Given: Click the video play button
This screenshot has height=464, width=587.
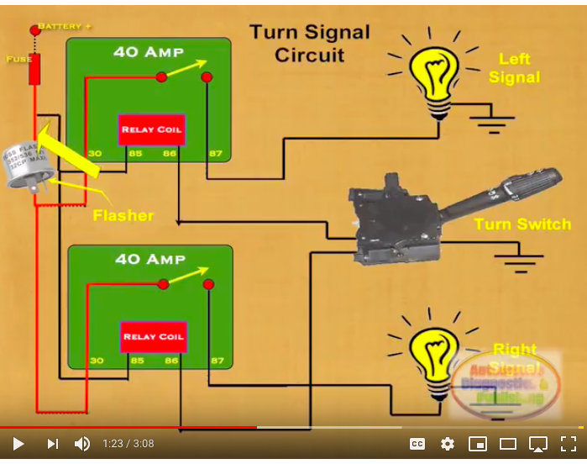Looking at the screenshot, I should [18, 444].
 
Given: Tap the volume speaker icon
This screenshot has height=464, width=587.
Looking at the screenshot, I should [82, 444].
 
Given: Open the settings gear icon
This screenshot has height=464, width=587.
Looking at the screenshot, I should [448, 444].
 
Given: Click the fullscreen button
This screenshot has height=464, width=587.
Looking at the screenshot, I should [569, 444].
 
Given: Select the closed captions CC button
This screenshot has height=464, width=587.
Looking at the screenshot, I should [417, 444].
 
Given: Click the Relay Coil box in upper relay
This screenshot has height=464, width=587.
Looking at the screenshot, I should [151, 129].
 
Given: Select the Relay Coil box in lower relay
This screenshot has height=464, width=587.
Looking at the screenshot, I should [153, 336].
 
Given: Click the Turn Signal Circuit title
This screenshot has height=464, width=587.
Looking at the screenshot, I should [309, 44].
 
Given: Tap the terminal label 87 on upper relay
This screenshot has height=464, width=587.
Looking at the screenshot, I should [216, 154].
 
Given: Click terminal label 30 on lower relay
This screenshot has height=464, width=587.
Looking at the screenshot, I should [97, 361].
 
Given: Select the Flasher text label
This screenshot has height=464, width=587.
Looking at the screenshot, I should [123, 216].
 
